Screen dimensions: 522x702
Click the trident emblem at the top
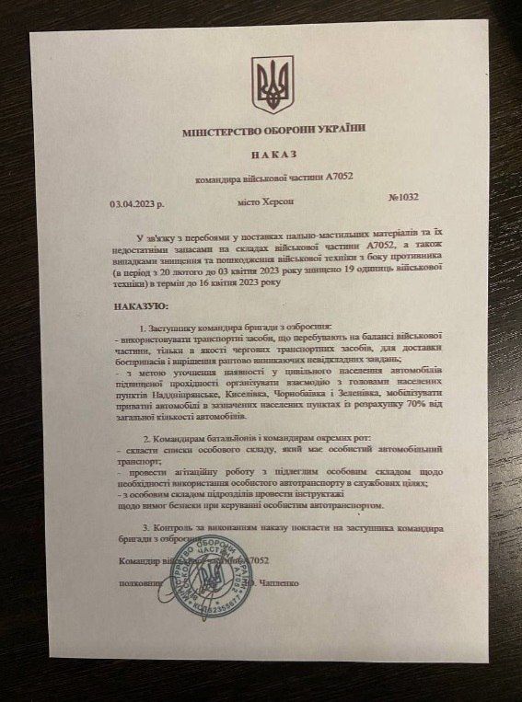(273, 85)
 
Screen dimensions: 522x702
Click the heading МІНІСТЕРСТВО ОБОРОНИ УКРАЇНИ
(273, 132)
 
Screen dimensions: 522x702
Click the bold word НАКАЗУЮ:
(139, 305)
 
